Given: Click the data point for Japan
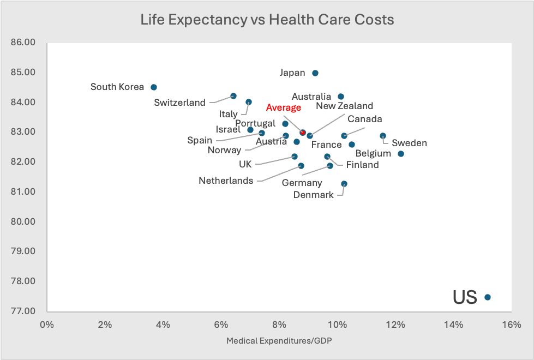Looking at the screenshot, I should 315,73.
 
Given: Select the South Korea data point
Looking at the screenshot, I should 154,87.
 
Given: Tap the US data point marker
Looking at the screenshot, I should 487,297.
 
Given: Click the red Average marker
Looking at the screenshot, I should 303,133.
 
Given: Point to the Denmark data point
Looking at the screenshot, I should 344,184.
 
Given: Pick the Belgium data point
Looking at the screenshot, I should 401,154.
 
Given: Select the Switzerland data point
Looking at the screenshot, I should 233,96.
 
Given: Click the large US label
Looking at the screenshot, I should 465,297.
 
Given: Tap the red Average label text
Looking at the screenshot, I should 284,107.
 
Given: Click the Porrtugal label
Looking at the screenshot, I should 255,123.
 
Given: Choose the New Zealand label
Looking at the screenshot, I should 344,106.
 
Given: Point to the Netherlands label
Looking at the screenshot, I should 226,181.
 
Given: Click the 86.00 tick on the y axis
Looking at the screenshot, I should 23,43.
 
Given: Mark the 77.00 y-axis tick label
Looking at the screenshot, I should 23,311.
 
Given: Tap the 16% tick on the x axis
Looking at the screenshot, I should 511,325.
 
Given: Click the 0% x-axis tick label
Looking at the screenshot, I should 47,325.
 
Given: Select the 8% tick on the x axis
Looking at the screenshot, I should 279,325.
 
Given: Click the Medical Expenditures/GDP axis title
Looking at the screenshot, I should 279,341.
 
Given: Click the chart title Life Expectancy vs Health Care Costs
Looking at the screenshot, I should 267,20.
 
